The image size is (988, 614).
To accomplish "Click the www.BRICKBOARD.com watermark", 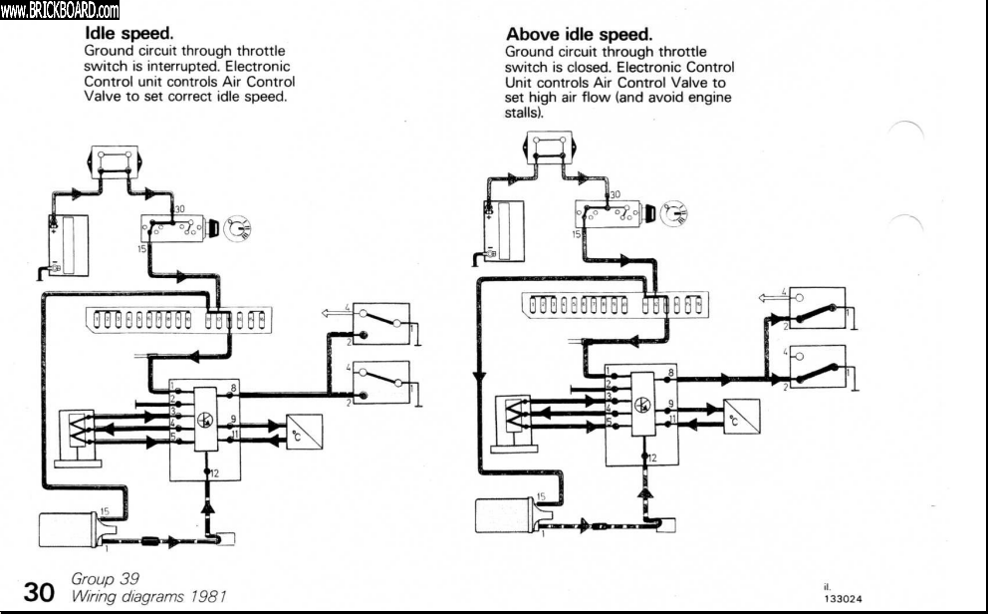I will pyautogui.click(x=60, y=11).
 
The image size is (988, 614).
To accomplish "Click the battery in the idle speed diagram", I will pyautogui.click(x=65, y=239).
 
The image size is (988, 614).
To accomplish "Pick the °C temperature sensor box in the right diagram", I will pyautogui.click(x=740, y=416).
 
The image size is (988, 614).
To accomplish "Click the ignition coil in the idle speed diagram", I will pyautogui.click(x=70, y=528).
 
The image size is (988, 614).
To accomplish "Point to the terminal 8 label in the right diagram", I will pyautogui.click(x=671, y=372).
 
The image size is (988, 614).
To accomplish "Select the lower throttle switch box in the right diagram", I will pyautogui.click(x=818, y=368).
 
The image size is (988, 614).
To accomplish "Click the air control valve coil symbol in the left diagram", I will pyautogui.click(x=76, y=429).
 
